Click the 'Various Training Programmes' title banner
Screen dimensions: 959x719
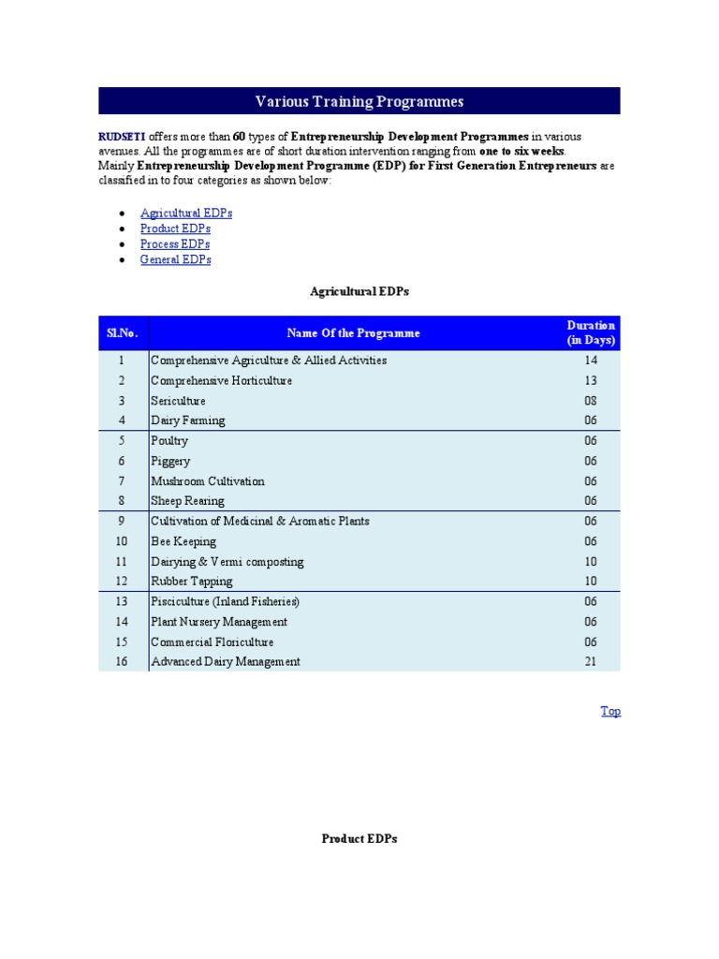point(359,101)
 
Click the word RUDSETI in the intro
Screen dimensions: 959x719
point(122,136)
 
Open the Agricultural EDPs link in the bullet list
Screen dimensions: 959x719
point(185,213)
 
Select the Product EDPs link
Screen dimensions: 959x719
point(175,229)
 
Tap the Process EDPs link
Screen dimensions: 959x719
point(175,243)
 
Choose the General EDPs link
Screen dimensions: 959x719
point(175,259)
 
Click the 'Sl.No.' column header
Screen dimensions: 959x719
point(123,332)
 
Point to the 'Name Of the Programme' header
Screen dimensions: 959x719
point(353,332)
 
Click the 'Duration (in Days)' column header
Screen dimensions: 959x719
point(591,332)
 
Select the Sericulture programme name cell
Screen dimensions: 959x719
point(178,401)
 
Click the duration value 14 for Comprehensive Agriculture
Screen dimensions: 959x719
point(591,361)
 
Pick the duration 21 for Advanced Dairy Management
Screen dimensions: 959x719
point(591,662)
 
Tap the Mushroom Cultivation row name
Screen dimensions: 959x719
point(208,481)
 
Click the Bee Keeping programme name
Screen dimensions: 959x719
point(183,541)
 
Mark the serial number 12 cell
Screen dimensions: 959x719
point(122,582)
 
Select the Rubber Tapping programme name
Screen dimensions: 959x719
point(192,582)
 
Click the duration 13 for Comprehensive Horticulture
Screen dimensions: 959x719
point(591,381)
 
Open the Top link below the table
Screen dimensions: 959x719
point(610,711)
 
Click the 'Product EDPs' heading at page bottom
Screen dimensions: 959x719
point(359,839)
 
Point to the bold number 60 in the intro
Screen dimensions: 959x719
point(239,136)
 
